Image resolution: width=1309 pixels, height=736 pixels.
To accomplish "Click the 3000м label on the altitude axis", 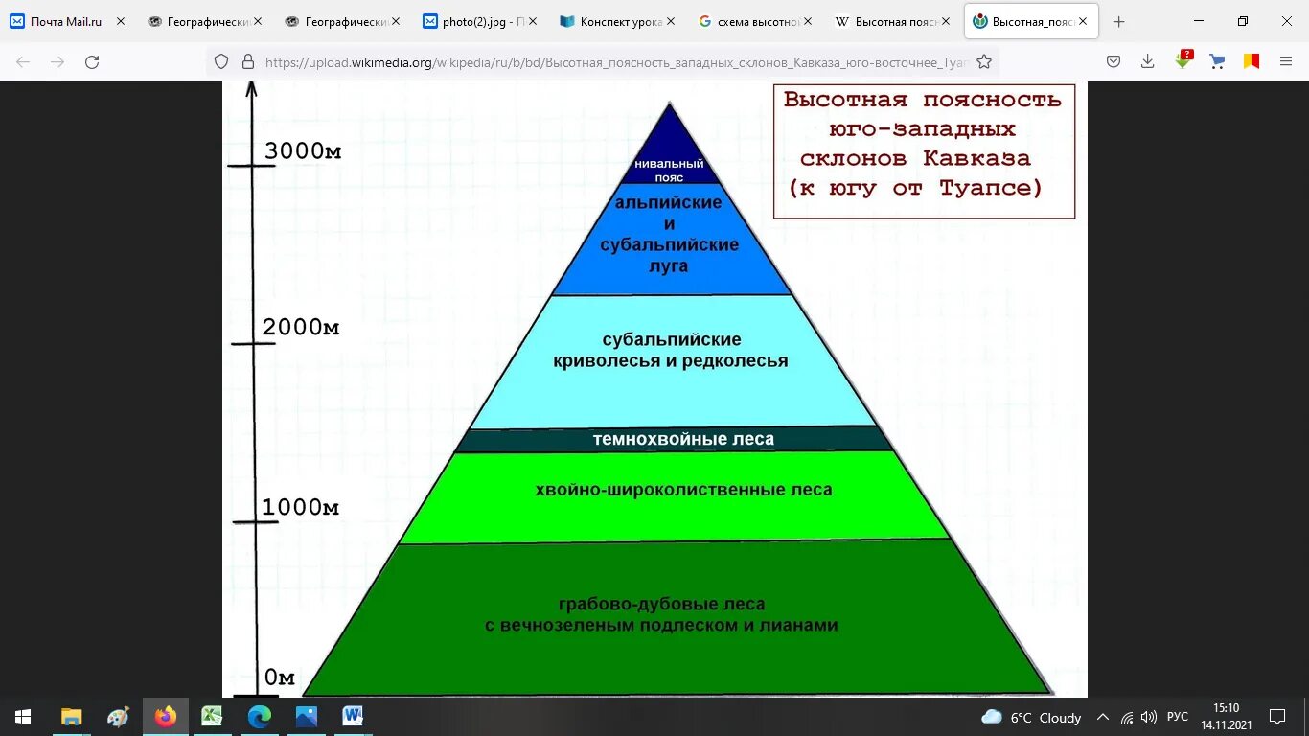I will coord(303,151).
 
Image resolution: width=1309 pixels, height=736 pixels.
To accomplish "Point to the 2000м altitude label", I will coord(301,328).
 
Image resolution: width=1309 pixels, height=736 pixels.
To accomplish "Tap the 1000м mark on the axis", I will coord(300,507).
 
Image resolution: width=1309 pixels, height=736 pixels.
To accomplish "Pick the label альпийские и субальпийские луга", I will coord(670,234).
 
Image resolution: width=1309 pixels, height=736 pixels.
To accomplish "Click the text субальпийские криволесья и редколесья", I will coord(671,351).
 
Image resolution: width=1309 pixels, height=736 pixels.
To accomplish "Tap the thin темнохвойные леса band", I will coord(682,439).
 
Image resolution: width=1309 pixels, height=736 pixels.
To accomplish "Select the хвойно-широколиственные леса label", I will coord(683,490).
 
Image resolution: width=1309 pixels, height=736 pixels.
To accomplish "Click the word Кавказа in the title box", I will coord(976,158).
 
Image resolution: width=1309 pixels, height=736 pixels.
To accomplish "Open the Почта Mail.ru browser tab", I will coord(65,21).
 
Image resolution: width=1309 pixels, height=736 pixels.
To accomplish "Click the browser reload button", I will coord(92,62).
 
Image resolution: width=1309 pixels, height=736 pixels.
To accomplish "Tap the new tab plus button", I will coord(1118,21).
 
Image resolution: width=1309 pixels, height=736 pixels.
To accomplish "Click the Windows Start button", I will coord(22,716).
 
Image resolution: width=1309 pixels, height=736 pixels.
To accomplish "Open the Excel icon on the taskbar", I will coord(212,716).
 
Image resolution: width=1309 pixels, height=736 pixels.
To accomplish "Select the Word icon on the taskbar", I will coord(353,716).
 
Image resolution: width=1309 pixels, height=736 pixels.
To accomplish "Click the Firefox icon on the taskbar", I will coord(165,716).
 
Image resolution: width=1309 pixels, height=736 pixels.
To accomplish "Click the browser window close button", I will coord(1286,21).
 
